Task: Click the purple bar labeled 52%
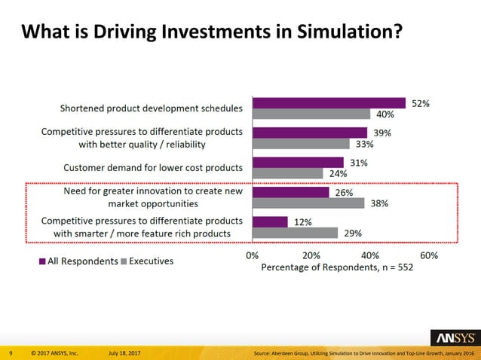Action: point(329,103)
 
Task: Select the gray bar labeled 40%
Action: point(311,114)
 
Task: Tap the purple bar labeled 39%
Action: point(310,133)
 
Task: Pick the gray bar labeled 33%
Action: point(301,144)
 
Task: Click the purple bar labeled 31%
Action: point(298,162)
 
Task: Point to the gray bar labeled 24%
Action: point(288,173)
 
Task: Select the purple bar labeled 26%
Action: point(291,192)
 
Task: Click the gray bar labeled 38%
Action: point(308,203)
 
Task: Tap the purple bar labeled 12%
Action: point(270,221)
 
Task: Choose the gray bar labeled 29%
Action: point(295,233)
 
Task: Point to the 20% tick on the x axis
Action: point(311,255)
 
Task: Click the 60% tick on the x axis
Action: point(429,255)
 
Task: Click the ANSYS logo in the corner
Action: point(452,337)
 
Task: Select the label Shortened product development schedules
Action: point(152,108)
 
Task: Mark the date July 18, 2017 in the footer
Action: point(124,353)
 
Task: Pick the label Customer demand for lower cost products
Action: point(153,167)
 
